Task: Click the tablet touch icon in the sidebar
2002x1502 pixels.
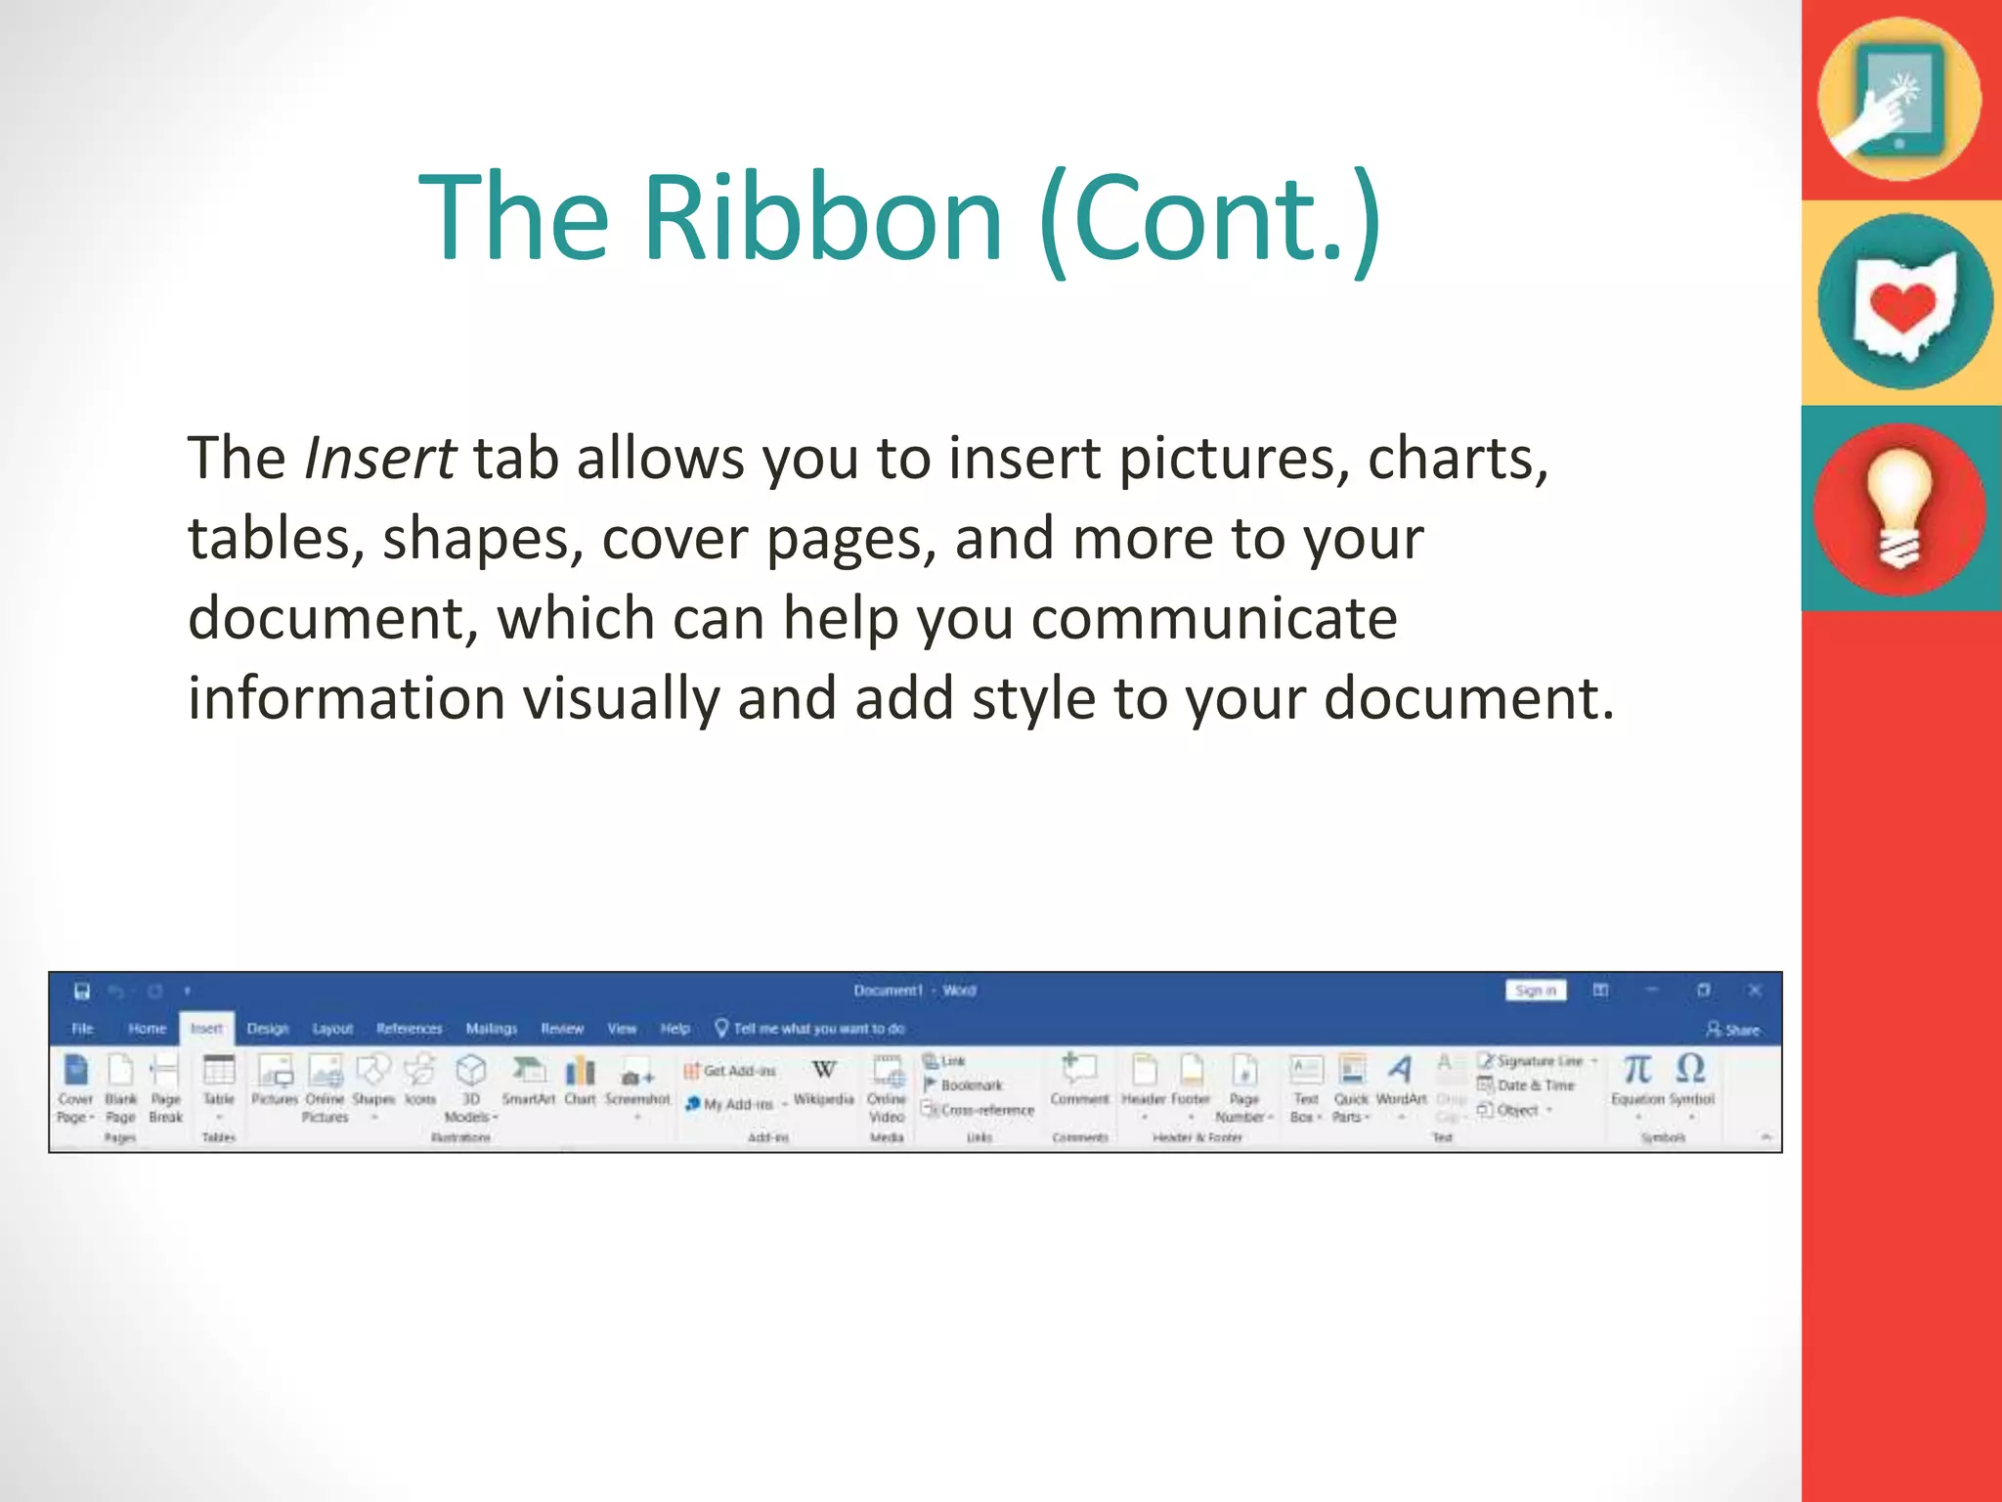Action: tap(1898, 98)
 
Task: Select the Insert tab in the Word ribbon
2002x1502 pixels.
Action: tap(206, 1029)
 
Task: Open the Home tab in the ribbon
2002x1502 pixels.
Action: tap(147, 1029)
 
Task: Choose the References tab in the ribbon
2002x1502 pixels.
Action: tap(409, 1029)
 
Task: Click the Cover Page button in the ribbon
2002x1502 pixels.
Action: tap(75, 1085)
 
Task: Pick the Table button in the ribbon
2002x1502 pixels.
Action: tap(218, 1080)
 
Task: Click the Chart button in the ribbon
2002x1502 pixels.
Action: tap(580, 1080)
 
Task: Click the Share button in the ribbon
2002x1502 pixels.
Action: tap(1733, 1030)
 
